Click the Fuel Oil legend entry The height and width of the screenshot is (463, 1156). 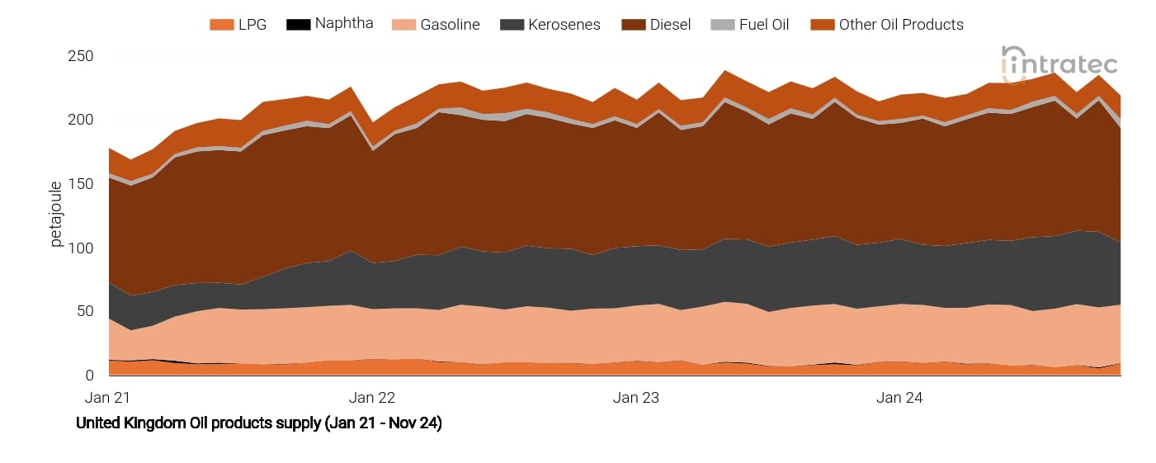coord(762,25)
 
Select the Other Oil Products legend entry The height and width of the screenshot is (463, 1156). coord(900,25)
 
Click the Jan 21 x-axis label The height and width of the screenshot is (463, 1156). coord(108,398)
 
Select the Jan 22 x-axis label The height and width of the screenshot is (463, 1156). coord(372,398)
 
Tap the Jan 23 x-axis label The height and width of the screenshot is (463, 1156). coord(636,398)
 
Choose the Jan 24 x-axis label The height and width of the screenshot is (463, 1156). coord(899,398)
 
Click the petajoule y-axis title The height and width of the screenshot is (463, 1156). coord(57,214)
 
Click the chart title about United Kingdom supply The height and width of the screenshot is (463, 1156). coord(259,423)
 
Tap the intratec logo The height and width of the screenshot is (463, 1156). coord(1059,64)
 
